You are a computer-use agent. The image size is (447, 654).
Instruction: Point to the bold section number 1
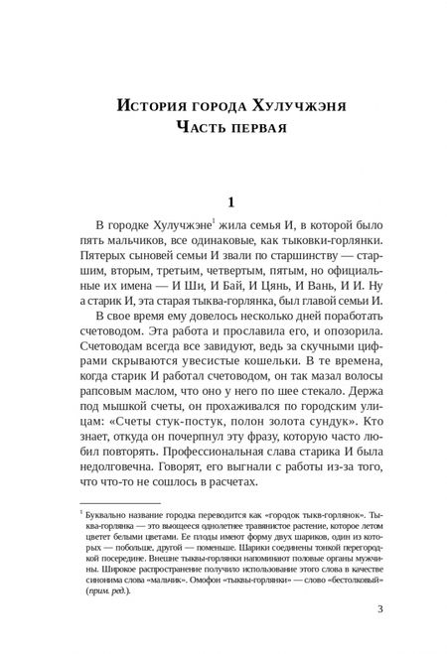tap(229, 202)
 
